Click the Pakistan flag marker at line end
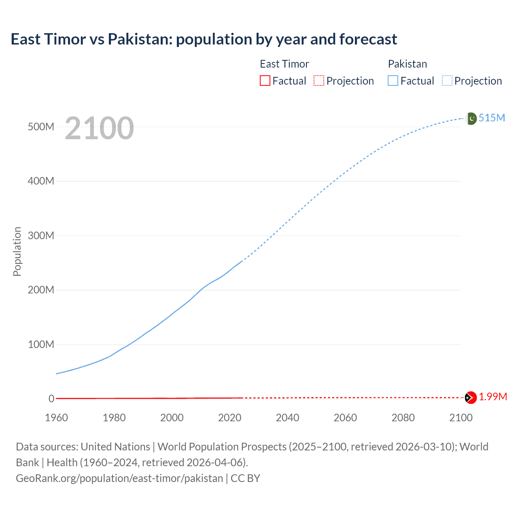pyautogui.click(x=471, y=119)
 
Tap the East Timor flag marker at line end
pyautogui.click(x=470, y=398)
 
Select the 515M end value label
pyautogui.click(x=492, y=118)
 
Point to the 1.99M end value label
pyautogui.click(x=493, y=397)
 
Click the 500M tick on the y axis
pyautogui.click(x=41, y=127)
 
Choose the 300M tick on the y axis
pyautogui.click(x=41, y=236)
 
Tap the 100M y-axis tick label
pyautogui.click(x=41, y=344)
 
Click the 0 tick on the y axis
pyautogui.click(x=51, y=399)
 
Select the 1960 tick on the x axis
pyautogui.click(x=56, y=418)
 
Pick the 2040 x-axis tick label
pyautogui.click(x=287, y=418)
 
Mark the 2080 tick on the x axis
pyautogui.click(x=403, y=418)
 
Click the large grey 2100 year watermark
pyautogui.click(x=99, y=128)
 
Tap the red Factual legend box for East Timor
pyautogui.click(x=265, y=81)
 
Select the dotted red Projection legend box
pyautogui.click(x=319, y=81)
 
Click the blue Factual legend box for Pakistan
pyautogui.click(x=393, y=81)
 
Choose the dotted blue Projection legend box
pyautogui.click(x=447, y=81)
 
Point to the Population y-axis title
pyautogui.click(x=17, y=251)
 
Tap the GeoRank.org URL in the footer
pyautogui.click(x=119, y=478)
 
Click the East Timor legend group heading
pyautogui.click(x=284, y=64)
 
